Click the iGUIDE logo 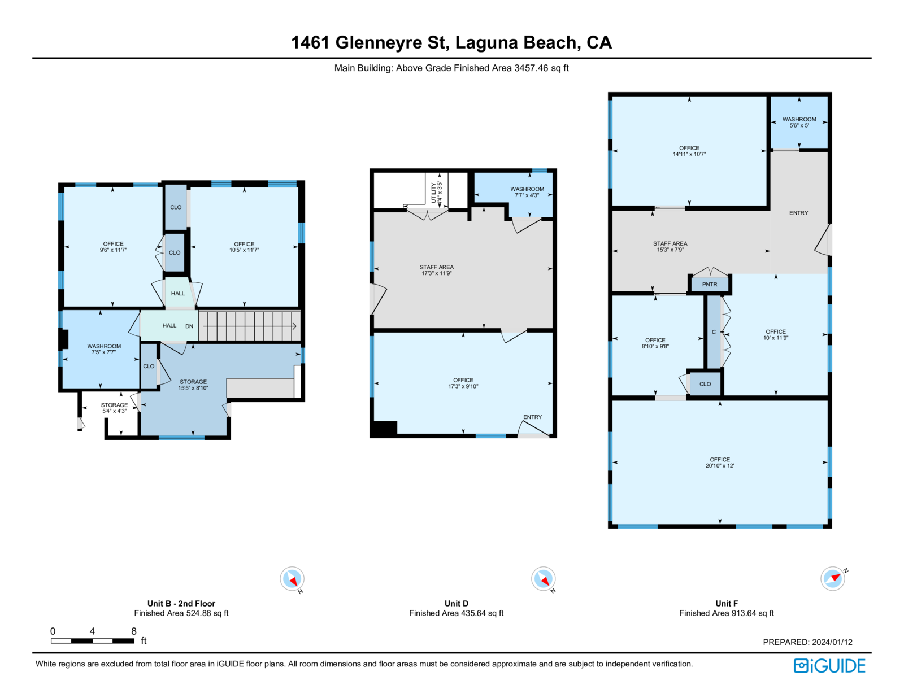pos(829,666)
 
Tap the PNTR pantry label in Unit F pos(709,285)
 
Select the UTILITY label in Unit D pos(433,193)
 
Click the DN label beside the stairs pos(189,326)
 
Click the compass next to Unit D pos(544,579)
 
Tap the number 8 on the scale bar pos(133,631)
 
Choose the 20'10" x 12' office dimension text pos(720,465)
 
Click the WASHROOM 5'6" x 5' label pos(799,122)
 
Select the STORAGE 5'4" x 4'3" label pos(114,408)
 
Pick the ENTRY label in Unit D pos(532,417)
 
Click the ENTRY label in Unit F pos(799,213)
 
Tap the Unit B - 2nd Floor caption pos(181,603)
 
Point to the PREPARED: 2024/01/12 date pos(807,642)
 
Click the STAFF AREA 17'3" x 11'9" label pos(436,270)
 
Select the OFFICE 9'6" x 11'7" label pos(113,247)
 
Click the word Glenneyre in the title pos(379,43)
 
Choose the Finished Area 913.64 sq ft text pos(727,613)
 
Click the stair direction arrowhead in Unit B pos(294,326)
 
